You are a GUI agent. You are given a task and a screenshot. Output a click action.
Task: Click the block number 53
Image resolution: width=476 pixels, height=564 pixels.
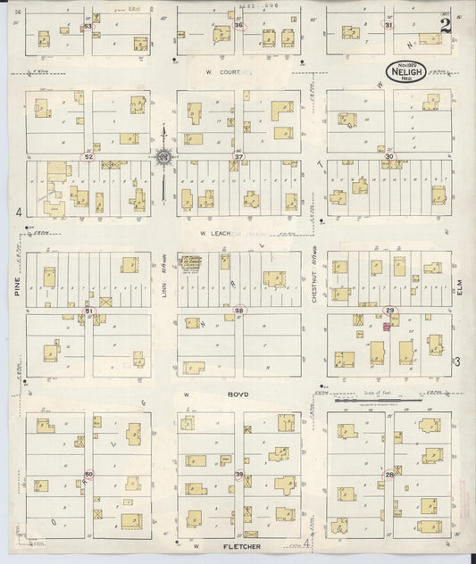[x=88, y=27]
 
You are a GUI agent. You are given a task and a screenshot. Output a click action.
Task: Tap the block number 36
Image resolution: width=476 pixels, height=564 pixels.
[x=238, y=25]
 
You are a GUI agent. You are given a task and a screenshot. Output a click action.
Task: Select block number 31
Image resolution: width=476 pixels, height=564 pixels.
[x=388, y=25]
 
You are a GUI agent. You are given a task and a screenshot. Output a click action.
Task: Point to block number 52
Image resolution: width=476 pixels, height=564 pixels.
[x=88, y=156]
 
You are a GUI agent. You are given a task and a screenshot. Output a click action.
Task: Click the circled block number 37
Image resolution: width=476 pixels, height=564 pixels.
[x=238, y=156]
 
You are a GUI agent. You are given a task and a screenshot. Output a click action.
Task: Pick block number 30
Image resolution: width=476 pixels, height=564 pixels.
[x=389, y=156]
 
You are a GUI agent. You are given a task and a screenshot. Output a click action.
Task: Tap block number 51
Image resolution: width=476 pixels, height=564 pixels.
[x=88, y=310]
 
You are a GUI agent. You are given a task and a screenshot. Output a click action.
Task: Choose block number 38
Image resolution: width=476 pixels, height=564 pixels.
[x=238, y=310]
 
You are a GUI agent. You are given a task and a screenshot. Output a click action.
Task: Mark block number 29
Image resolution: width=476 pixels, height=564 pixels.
[x=389, y=310]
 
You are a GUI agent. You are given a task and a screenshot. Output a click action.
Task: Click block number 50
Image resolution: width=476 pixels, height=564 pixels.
[x=88, y=475]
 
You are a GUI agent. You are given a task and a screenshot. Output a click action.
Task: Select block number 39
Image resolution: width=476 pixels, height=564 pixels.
[x=238, y=475]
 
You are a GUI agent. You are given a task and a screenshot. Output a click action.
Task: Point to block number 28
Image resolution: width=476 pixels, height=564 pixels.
[x=389, y=475]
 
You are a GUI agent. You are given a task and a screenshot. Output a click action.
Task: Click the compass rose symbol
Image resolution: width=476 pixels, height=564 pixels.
[x=164, y=159]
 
